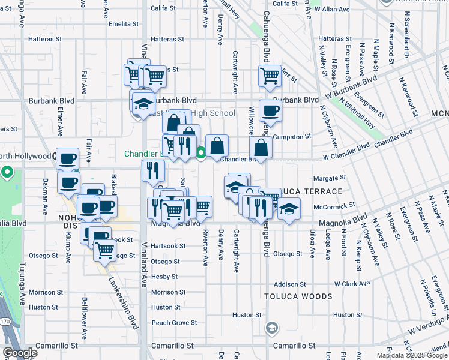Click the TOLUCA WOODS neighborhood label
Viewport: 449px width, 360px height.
298,296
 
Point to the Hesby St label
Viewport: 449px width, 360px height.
161,277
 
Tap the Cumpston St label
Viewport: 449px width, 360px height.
292,137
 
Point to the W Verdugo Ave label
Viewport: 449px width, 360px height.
427,324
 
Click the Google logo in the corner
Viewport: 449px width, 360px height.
19,353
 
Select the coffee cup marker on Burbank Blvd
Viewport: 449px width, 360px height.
270,112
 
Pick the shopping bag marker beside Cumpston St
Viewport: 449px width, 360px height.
261,148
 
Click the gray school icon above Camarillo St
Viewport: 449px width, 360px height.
271,328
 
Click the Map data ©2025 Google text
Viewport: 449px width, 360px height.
411,355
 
